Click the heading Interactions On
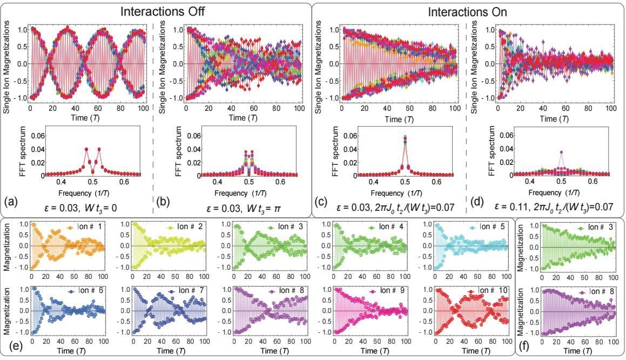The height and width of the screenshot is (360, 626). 468,10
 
